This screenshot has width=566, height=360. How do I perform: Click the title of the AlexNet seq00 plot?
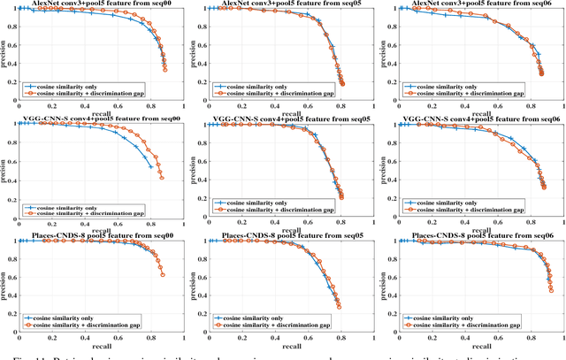click(99, 4)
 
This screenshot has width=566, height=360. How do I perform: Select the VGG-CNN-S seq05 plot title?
click(287, 119)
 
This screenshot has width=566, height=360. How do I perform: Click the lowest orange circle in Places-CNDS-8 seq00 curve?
click(164, 275)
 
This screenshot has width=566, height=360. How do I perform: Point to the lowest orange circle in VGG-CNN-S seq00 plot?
click(162, 178)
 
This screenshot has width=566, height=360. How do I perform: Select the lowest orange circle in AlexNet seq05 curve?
click(342, 84)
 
